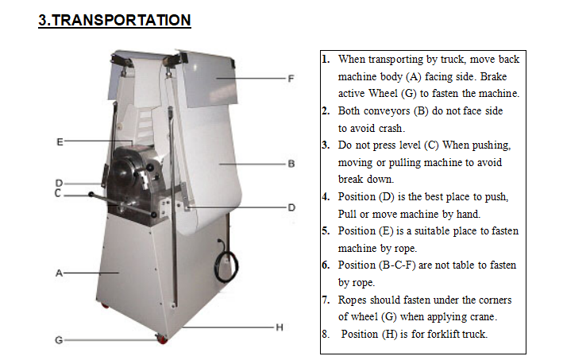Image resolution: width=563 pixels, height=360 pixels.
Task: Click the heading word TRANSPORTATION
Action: click(x=121, y=20)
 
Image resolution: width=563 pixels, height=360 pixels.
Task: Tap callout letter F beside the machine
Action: click(x=291, y=79)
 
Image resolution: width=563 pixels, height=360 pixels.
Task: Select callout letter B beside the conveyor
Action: click(x=291, y=164)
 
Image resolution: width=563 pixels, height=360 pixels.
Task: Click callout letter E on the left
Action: click(x=60, y=142)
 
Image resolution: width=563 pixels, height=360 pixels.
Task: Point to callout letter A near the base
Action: click(x=60, y=273)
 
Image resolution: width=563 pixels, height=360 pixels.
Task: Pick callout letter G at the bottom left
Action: click(x=59, y=340)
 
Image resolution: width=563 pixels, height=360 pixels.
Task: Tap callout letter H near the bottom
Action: click(x=280, y=327)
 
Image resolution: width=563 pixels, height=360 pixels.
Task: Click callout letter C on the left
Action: click(x=58, y=193)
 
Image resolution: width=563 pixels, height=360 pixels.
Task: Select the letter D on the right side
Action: click(x=291, y=207)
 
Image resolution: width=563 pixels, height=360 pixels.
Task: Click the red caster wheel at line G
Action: click(x=162, y=339)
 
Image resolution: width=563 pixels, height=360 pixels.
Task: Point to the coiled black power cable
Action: click(x=226, y=265)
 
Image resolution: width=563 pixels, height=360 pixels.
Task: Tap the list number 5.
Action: click(x=326, y=230)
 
